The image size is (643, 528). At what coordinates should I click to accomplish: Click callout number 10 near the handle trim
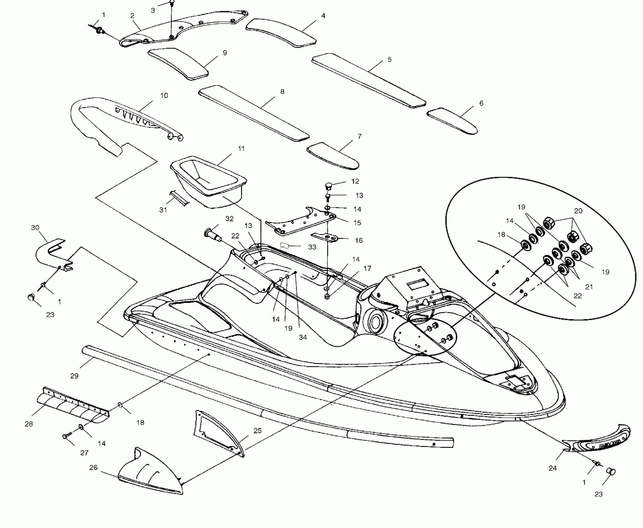tap(164, 95)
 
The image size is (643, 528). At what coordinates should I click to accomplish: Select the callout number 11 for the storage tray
tap(241, 149)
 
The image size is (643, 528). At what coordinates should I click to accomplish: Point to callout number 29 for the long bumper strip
tap(74, 376)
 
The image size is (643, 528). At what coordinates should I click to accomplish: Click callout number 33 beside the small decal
tap(312, 247)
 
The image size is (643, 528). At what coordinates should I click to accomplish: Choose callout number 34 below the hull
tap(303, 337)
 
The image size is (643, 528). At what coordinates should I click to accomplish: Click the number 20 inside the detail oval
tap(578, 211)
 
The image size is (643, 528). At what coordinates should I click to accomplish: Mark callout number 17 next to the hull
tap(367, 268)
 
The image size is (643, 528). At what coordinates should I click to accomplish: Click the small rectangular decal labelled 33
tap(285, 245)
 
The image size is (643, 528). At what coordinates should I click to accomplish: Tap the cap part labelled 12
tap(328, 186)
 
